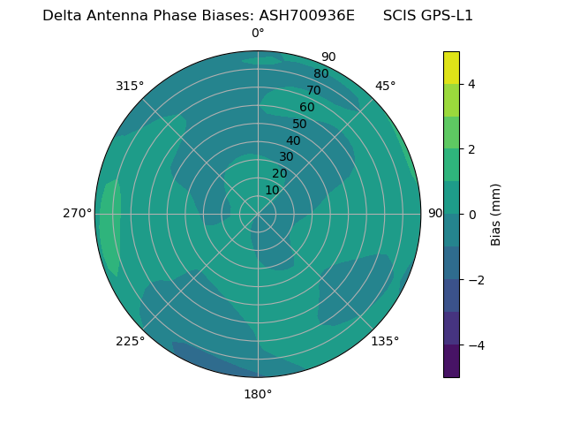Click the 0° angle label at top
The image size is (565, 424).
point(258,34)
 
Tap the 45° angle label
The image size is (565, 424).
point(385,86)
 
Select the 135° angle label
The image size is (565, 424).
point(385,341)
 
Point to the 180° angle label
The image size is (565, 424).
point(258,394)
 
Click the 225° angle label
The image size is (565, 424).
point(130,341)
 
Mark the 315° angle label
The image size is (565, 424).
point(130,86)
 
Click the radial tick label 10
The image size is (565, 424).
point(272,190)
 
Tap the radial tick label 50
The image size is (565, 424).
point(299,125)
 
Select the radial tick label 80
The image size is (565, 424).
point(320,73)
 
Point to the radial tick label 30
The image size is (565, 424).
point(286,157)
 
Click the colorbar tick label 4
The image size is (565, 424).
point(471,84)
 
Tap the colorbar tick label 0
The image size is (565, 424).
point(471,215)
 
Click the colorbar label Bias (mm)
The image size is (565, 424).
point(496,215)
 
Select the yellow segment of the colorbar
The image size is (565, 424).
point(451,68)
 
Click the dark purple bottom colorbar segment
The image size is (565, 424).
point(451,361)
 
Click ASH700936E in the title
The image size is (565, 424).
point(306,15)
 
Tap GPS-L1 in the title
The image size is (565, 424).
point(448,15)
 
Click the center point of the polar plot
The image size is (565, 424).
point(258,214)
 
